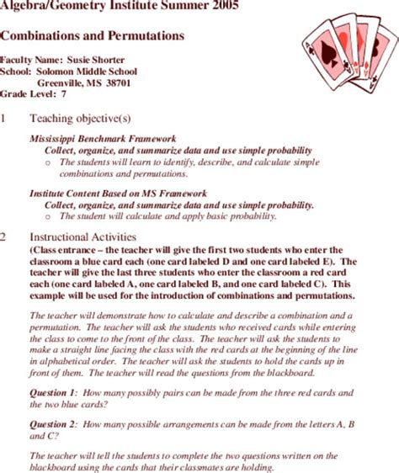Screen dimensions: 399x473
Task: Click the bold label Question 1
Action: pos(54,393)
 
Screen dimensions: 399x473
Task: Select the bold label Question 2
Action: pos(54,424)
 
